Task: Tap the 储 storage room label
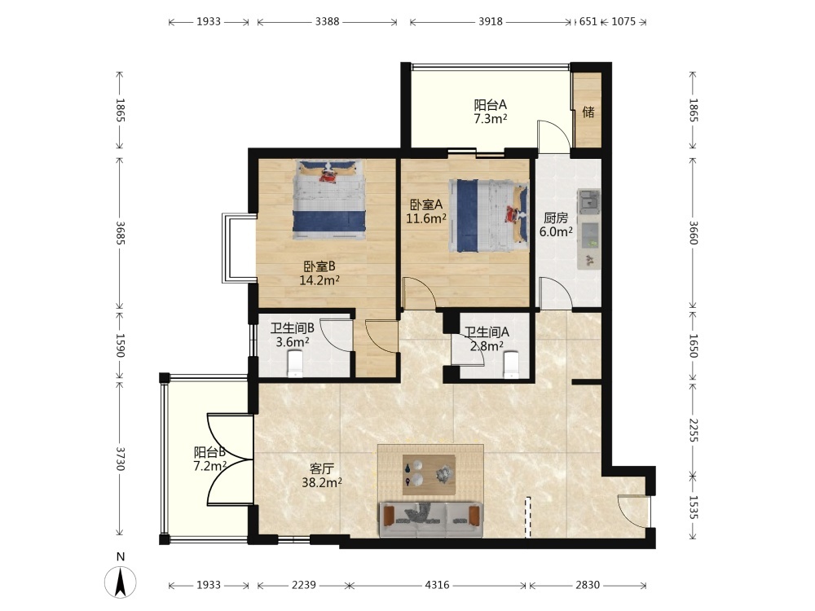588,112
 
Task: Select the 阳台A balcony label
490,105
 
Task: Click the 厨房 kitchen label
556,218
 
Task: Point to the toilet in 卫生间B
295,363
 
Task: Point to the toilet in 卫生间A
512,364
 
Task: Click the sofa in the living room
430,519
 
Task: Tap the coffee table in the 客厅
430,475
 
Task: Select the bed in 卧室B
329,200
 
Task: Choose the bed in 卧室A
488,216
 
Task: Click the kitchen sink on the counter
589,201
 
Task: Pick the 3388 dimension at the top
327,22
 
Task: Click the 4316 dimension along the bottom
437,586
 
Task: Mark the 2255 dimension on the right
693,429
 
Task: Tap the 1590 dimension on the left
120,345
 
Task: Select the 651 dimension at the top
588,22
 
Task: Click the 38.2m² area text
322,482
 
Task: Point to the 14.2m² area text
319,280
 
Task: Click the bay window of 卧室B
239,248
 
